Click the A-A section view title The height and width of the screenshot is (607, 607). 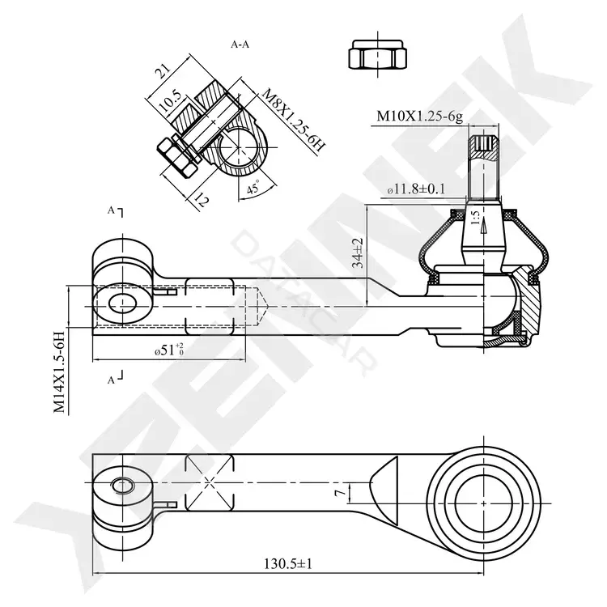pyautogui.click(x=240, y=45)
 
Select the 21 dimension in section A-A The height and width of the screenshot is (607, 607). pyautogui.click(x=163, y=70)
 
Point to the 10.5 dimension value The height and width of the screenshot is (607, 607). pyautogui.click(x=170, y=100)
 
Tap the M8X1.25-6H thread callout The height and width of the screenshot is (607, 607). pyautogui.click(x=293, y=120)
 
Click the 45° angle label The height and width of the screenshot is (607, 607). pyautogui.click(x=254, y=188)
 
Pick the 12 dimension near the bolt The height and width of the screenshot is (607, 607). pyautogui.click(x=202, y=200)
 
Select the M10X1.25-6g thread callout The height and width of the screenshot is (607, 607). pyautogui.click(x=419, y=116)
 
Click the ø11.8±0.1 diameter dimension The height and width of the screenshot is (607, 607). pyautogui.click(x=416, y=189)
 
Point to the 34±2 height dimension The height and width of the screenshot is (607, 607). pyautogui.click(x=358, y=253)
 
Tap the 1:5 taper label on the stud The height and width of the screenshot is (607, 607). pyautogui.click(x=476, y=218)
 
